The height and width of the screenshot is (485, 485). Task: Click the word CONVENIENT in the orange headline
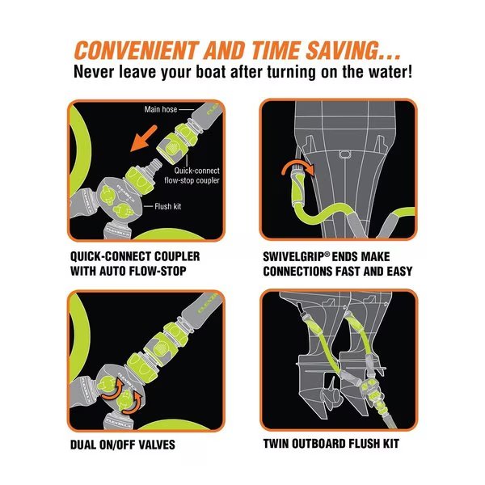(136, 50)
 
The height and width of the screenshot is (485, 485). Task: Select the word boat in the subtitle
(210, 72)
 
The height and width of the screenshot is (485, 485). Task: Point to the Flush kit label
(168, 206)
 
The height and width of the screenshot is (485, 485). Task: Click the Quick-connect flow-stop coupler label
(192, 175)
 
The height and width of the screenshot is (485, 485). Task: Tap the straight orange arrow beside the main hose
(144, 138)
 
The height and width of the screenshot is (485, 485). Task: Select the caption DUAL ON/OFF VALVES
(123, 445)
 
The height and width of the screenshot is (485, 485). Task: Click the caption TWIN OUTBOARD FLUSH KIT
(331, 444)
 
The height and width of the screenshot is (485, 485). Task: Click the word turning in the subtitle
(292, 73)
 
